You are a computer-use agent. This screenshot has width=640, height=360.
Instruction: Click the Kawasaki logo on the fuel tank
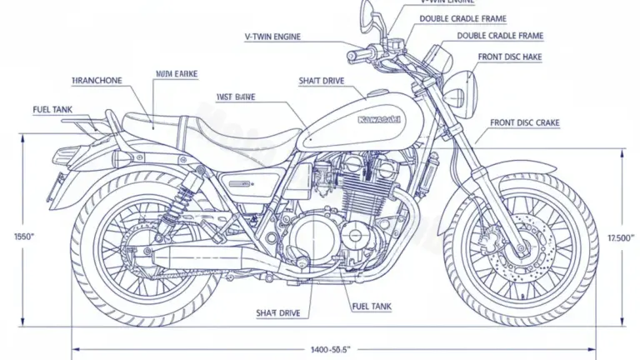(378, 120)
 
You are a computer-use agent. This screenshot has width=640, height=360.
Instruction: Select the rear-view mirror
(367, 14)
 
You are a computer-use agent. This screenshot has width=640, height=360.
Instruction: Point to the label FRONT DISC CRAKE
(524, 122)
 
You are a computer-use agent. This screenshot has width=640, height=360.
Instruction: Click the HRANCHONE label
(97, 80)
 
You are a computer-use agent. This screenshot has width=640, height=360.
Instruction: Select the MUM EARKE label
(176, 74)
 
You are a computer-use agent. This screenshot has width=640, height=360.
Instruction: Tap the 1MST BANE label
(235, 97)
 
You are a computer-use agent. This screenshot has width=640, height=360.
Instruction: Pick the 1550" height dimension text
(24, 237)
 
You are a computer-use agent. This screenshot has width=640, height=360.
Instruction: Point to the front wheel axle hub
(519, 247)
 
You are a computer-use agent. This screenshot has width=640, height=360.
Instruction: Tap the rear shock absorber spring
(173, 200)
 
